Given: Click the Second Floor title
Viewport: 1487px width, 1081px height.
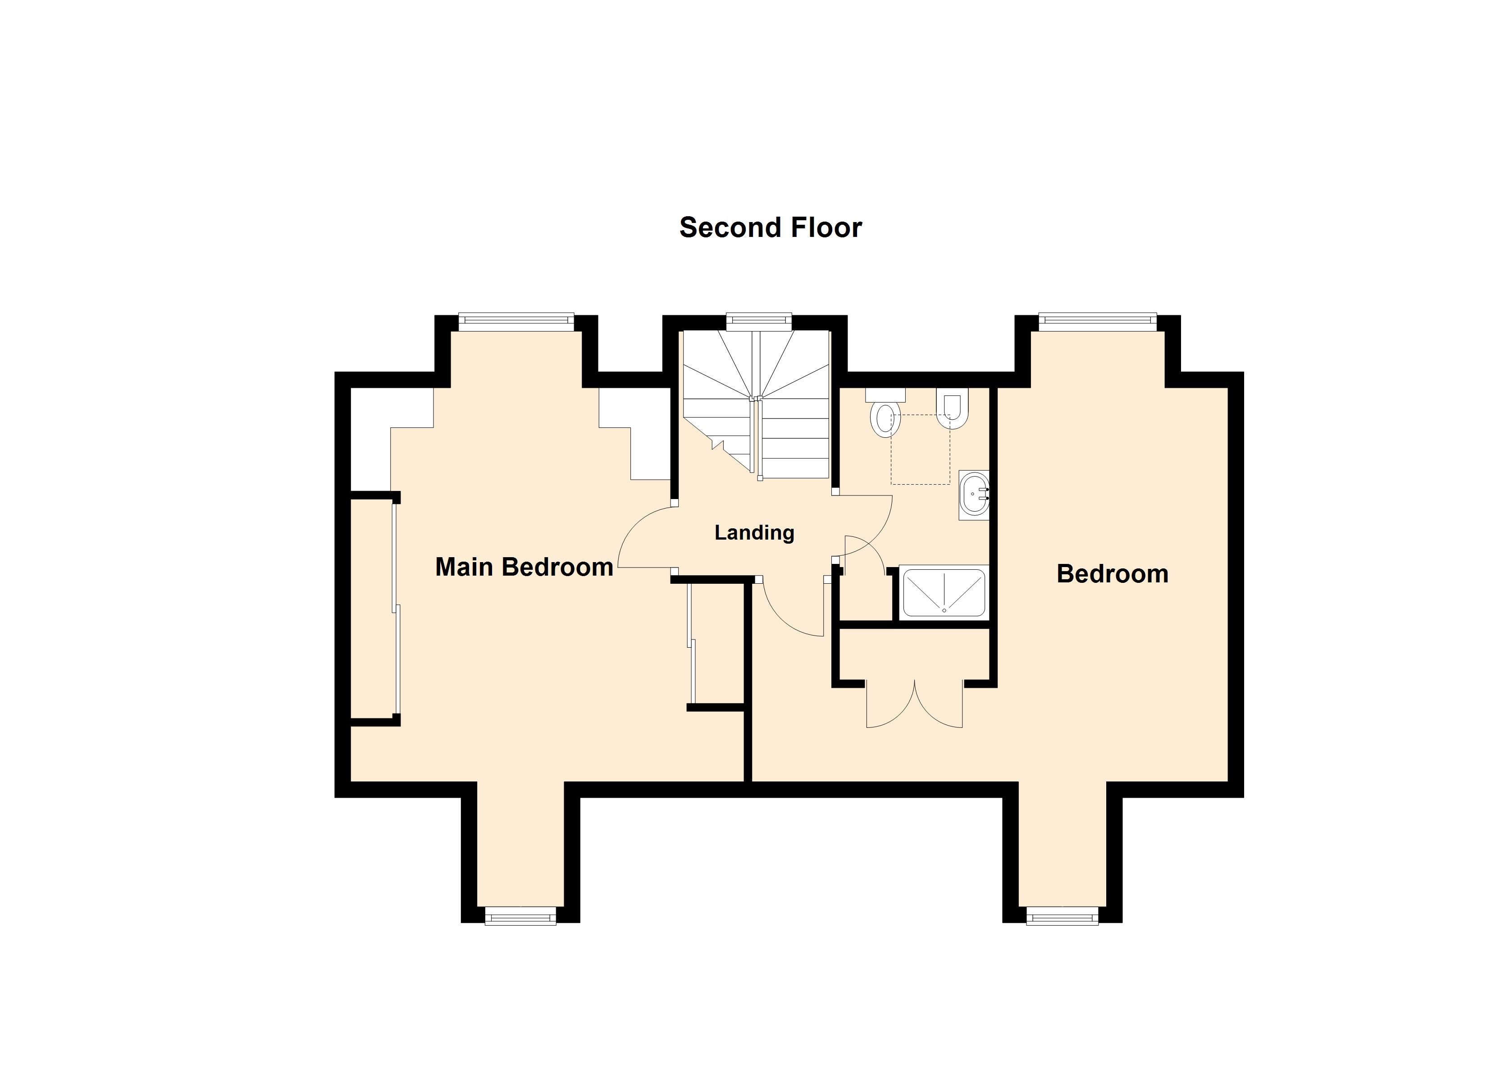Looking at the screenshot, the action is (x=771, y=227).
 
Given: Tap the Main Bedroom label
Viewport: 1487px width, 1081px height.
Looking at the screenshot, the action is (x=524, y=567).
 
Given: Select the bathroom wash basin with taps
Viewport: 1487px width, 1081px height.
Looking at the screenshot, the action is (x=974, y=495).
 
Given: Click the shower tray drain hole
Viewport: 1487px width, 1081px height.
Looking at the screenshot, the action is (x=944, y=610).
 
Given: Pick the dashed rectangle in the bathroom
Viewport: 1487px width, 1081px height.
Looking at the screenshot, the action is (x=920, y=450).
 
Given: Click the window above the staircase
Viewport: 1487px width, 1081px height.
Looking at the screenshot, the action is (x=759, y=321).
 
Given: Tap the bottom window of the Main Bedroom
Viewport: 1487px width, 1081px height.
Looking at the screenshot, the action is (x=520, y=917).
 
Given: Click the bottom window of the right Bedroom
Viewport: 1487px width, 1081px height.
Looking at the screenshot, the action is (x=1062, y=917).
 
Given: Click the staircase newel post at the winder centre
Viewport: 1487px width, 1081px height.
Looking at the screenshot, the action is (x=755, y=398).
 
